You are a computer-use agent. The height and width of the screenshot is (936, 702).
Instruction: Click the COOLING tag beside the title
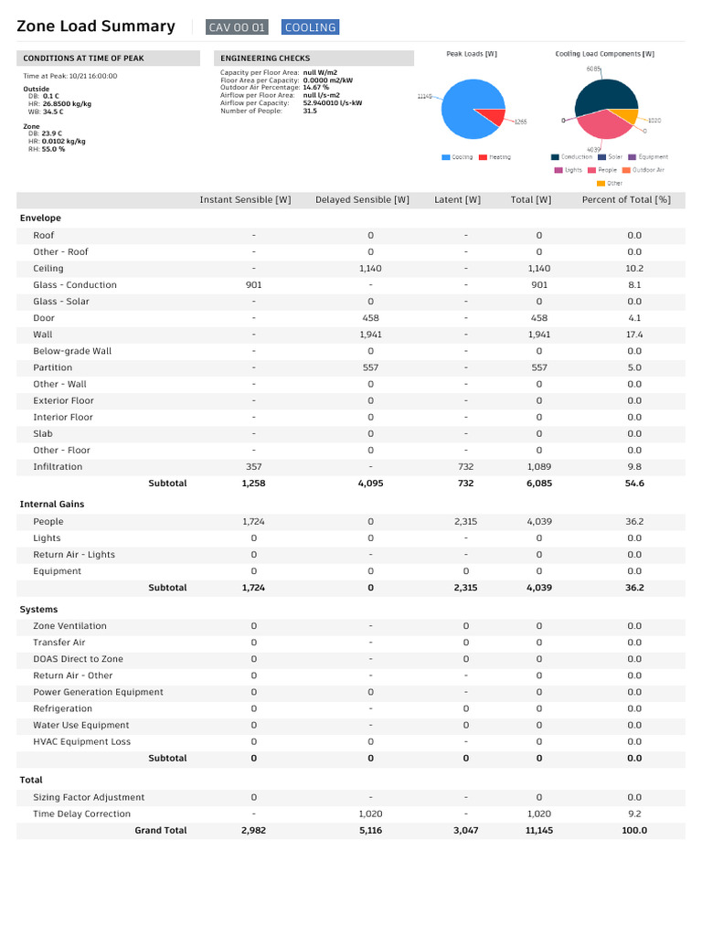coord(310,27)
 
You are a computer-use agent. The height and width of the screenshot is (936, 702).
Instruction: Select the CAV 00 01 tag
coord(237,27)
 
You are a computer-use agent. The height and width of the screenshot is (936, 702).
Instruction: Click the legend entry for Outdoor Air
coord(648,170)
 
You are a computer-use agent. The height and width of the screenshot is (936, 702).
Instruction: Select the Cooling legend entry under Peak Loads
coord(458,157)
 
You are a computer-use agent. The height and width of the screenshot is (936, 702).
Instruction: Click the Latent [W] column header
coord(457,200)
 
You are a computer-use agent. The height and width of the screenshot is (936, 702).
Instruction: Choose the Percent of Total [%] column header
coord(626,200)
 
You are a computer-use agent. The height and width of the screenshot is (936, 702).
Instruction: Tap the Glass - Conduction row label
coord(75,285)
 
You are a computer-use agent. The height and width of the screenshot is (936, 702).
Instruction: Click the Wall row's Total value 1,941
coord(539,335)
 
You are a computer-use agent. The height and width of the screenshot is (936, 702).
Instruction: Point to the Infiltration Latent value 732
coord(465,467)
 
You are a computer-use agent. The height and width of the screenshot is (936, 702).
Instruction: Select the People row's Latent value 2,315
coord(465,522)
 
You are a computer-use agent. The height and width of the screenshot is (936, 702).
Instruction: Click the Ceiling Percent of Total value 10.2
coord(634,269)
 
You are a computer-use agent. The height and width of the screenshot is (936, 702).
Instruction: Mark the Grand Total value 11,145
coord(539,831)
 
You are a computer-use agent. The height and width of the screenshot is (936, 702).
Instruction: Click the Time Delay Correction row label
coord(81,814)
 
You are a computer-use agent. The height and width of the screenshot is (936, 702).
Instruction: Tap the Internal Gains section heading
coord(52,505)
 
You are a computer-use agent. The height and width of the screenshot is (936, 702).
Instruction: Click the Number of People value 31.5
coord(310,111)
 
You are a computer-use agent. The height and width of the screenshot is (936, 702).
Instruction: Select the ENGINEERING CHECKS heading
coord(265,58)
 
